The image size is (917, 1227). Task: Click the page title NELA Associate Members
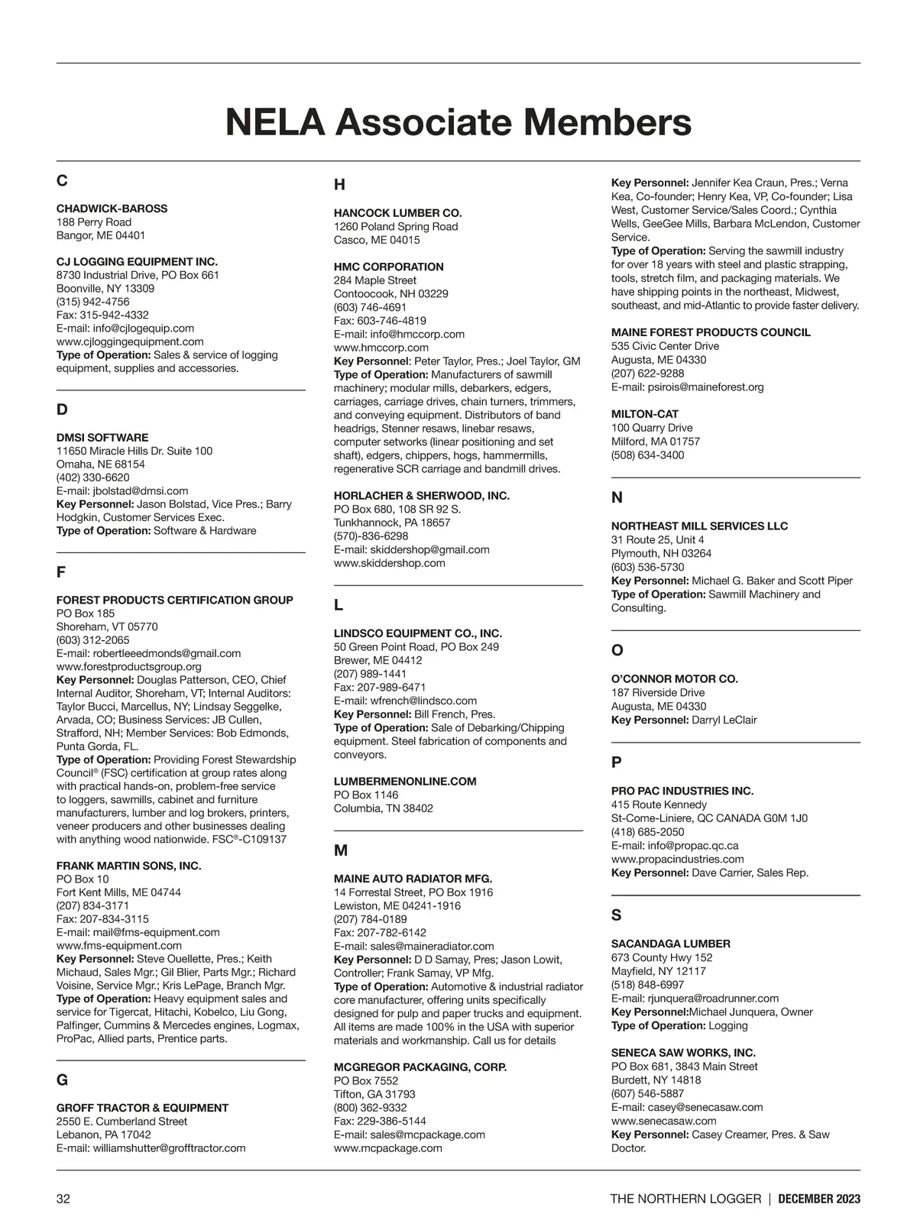tap(458, 122)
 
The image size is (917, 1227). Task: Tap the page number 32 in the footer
tap(63, 1199)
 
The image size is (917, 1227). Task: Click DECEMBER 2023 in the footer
tap(819, 1199)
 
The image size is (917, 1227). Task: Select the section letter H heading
tap(339, 185)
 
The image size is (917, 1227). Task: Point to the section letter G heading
tap(62, 1080)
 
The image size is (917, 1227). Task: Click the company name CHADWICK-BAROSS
tap(112, 209)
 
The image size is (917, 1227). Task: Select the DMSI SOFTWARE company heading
tap(102, 438)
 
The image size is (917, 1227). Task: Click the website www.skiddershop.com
tap(389, 563)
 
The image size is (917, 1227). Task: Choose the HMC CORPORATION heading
tap(388, 267)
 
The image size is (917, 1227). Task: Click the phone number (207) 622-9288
tap(647, 374)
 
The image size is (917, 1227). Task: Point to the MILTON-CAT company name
tap(644, 414)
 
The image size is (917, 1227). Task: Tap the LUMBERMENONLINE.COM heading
tap(405, 782)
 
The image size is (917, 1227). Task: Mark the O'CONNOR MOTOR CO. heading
tap(674, 679)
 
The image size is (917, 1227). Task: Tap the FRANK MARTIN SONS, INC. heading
tap(128, 866)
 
